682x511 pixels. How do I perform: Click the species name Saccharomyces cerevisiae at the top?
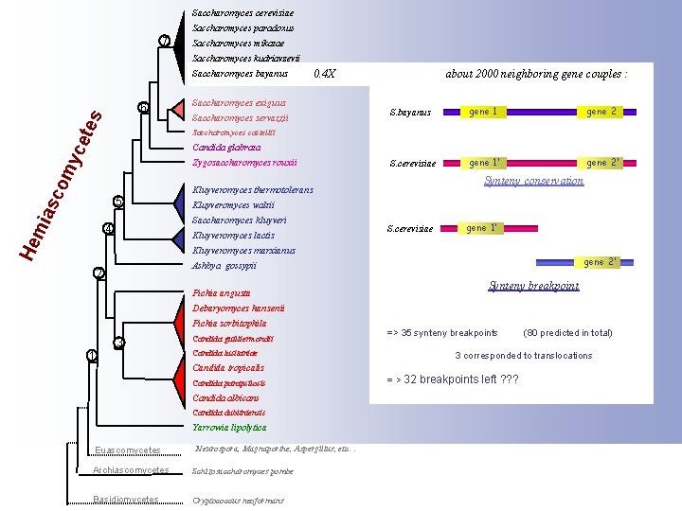tap(242, 13)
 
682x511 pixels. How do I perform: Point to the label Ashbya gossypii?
tap(224, 266)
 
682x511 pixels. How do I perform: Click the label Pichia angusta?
tap(221, 293)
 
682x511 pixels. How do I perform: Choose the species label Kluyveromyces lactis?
tap(234, 235)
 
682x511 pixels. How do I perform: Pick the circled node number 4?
tap(109, 229)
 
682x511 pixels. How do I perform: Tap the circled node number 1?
tap(91, 355)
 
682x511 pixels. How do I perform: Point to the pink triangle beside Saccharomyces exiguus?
tap(177, 110)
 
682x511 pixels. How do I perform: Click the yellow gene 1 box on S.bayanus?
tap(483, 112)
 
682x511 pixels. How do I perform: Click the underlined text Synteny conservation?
tap(533, 181)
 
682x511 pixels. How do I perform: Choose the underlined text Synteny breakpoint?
tap(533, 286)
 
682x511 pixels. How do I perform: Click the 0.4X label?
tap(324, 74)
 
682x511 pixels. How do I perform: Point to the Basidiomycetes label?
tap(126, 500)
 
